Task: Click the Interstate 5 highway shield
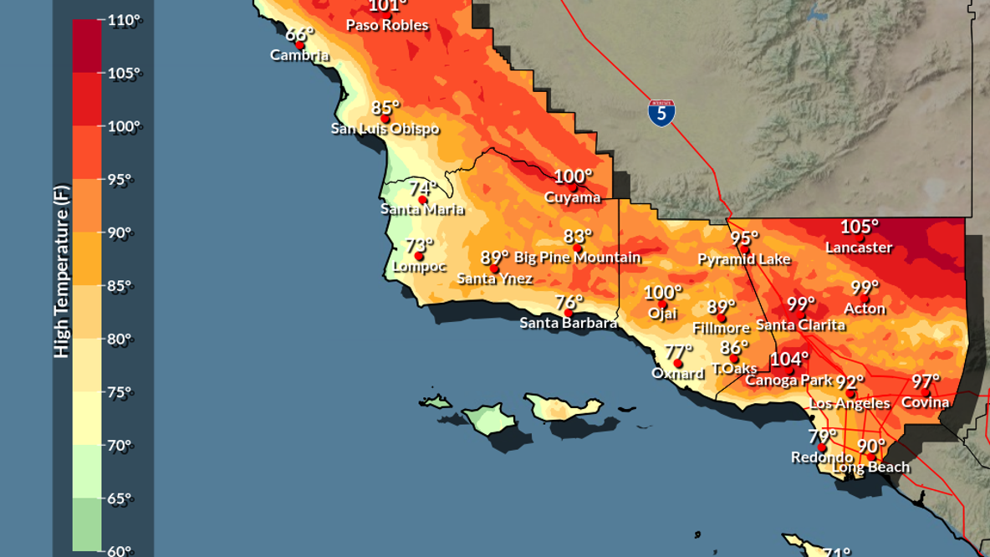[x=661, y=113]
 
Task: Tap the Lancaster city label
[x=859, y=248]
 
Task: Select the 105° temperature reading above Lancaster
[x=860, y=227]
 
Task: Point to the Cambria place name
[x=299, y=55]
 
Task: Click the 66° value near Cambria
[x=299, y=35]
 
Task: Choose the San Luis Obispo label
[x=385, y=129]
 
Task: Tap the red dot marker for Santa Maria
[x=422, y=201]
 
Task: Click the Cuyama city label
[x=573, y=197]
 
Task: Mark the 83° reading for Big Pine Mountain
[x=578, y=237]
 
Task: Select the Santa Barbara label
[x=569, y=323]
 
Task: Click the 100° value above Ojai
[x=663, y=293]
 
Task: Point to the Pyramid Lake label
[x=744, y=259]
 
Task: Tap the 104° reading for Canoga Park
[x=789, y=360]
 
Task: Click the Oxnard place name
[x=678, y=374]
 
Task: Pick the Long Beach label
[x=870, y=467]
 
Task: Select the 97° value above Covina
[x=926, y=381]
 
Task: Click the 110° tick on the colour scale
[x=124, y=20]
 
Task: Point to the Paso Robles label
[x=387, y=25]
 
